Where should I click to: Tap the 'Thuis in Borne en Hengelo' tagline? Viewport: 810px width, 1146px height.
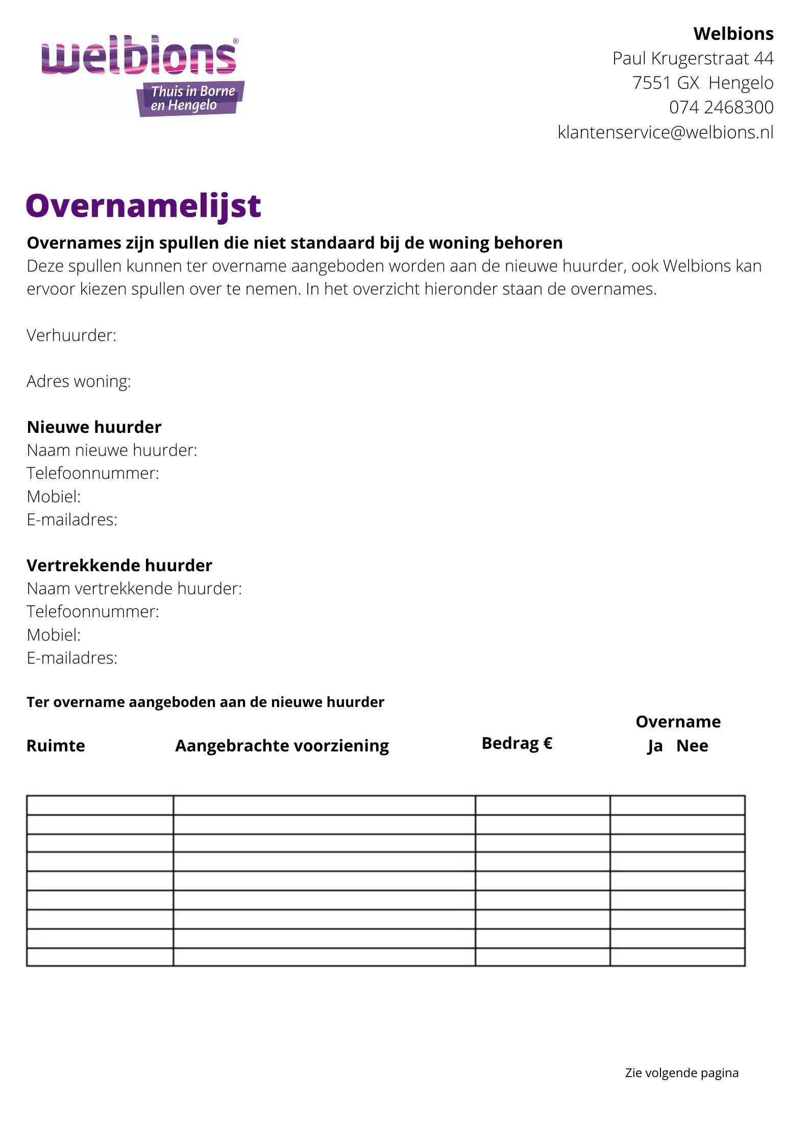point(191,98)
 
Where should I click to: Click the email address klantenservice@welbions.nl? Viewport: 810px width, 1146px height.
point(666,132)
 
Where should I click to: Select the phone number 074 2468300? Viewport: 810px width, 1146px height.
point(721,107)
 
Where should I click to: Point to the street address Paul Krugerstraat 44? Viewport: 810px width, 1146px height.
point(693,59)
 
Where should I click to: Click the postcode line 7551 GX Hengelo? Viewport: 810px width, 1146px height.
point(703,83)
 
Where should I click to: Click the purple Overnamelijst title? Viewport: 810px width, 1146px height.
point(143,206)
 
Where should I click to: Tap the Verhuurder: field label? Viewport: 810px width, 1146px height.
point(71,335)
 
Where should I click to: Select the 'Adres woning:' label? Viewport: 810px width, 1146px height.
point(79,381)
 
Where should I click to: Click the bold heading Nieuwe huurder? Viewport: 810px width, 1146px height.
point(94,427)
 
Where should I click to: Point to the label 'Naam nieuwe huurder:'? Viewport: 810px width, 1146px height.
point(112,450)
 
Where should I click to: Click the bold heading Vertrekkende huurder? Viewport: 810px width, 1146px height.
point(119,566)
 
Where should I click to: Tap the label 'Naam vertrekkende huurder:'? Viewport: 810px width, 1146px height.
point(134,589)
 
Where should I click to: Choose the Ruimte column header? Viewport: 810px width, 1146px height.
point(56,746)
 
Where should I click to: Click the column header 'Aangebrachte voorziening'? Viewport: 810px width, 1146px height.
point(282,746)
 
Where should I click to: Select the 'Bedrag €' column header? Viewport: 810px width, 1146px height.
point(517,743)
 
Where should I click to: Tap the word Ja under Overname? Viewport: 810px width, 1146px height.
point(655,746)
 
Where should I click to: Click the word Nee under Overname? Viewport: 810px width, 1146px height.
point(692,746)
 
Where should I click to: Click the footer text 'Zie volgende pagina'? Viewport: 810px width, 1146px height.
point(681,1072)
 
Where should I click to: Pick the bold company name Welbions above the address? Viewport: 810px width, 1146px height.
point(733,34)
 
